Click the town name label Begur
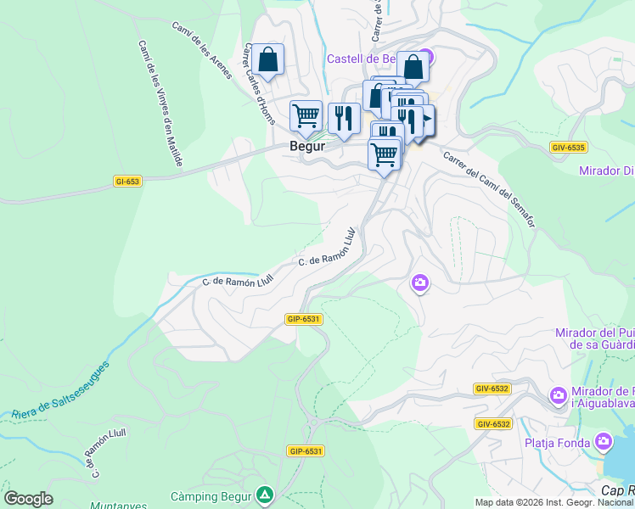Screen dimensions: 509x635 [x=307, y=146]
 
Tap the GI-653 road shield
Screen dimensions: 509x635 [x=127, y=181]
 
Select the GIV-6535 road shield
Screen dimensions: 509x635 [x=568, y=147]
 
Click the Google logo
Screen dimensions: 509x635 [x=28, y=499]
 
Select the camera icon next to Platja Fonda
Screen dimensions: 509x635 [x=604, y=441]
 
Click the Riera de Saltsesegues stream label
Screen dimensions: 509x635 [x=61, y=391]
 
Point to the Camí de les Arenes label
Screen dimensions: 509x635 [x=202, y=49]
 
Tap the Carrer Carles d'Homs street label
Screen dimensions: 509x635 [x=259, y=84]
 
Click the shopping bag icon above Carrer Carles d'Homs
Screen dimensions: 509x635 [x=267, y=60]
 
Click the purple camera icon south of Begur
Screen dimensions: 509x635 [x=419, y=283]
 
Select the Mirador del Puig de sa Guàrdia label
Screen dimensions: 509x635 [x=593, y=338]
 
